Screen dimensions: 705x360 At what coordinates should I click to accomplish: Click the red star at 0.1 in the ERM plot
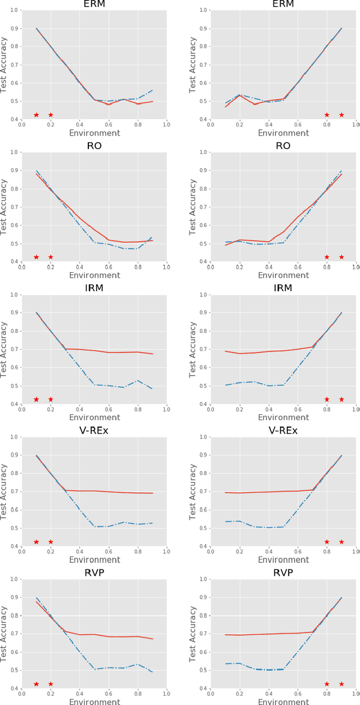pos(36,115)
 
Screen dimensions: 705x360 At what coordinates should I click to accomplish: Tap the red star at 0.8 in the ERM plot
pos(327,115)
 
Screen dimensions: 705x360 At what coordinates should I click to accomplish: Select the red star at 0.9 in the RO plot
pos(341,257)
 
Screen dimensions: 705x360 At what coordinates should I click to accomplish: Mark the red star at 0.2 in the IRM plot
pos(51,399)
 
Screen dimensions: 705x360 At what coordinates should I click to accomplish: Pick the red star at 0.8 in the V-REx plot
pos(327,542)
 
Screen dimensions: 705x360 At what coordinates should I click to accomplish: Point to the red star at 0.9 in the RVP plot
pos(341,684)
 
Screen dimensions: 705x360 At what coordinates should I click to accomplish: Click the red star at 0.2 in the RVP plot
pos(51,684)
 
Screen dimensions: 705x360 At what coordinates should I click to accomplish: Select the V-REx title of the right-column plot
pos(283,431)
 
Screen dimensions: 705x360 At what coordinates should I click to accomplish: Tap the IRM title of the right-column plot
pos(283,288)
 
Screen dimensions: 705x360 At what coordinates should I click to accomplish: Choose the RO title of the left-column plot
pos(94,146)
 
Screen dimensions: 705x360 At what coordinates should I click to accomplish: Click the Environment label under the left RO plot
pos(94,275)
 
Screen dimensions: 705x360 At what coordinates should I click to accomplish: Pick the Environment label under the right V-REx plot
pos(283,560)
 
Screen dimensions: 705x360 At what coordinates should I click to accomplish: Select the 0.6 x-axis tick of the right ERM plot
pos(298,125)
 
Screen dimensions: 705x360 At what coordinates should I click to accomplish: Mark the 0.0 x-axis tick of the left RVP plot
pos(22,694)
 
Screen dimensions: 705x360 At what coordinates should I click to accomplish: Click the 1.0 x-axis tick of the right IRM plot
pos(355,409)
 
